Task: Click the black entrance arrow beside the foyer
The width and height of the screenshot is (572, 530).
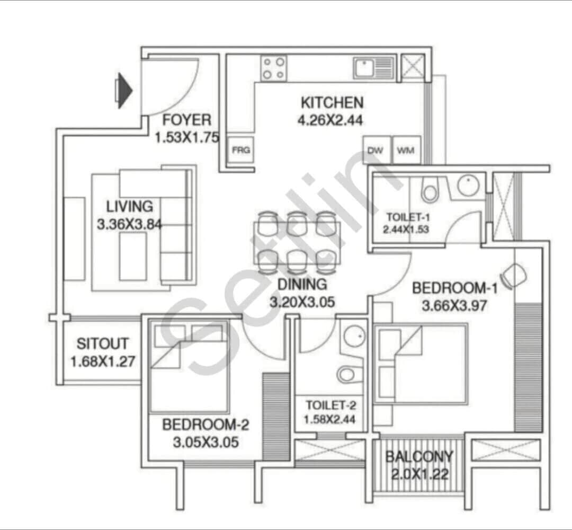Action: (124, 91)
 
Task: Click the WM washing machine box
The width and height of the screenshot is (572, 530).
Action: (406, 151)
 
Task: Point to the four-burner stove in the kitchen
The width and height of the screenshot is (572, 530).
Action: (274, 68)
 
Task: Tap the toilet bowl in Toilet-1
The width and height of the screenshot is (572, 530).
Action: (430, 190)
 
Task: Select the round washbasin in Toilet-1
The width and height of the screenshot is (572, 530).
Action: (468, 185)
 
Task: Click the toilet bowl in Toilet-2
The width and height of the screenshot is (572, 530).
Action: (347, 374)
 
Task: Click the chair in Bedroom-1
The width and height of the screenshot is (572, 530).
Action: (514, 276)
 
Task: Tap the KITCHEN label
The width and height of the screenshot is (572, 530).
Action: (332, 102)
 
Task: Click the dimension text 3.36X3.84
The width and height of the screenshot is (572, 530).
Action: (129, 225)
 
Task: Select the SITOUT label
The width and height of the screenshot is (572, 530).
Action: (102, 343)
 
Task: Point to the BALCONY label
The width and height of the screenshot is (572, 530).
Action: (419, 457)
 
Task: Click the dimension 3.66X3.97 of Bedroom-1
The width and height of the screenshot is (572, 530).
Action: (454, 306)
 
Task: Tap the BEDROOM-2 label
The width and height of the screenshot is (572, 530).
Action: (205, 425)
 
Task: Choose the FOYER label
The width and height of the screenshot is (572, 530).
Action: (186, 120)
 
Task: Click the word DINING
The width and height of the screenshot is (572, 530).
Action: (302, 285)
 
